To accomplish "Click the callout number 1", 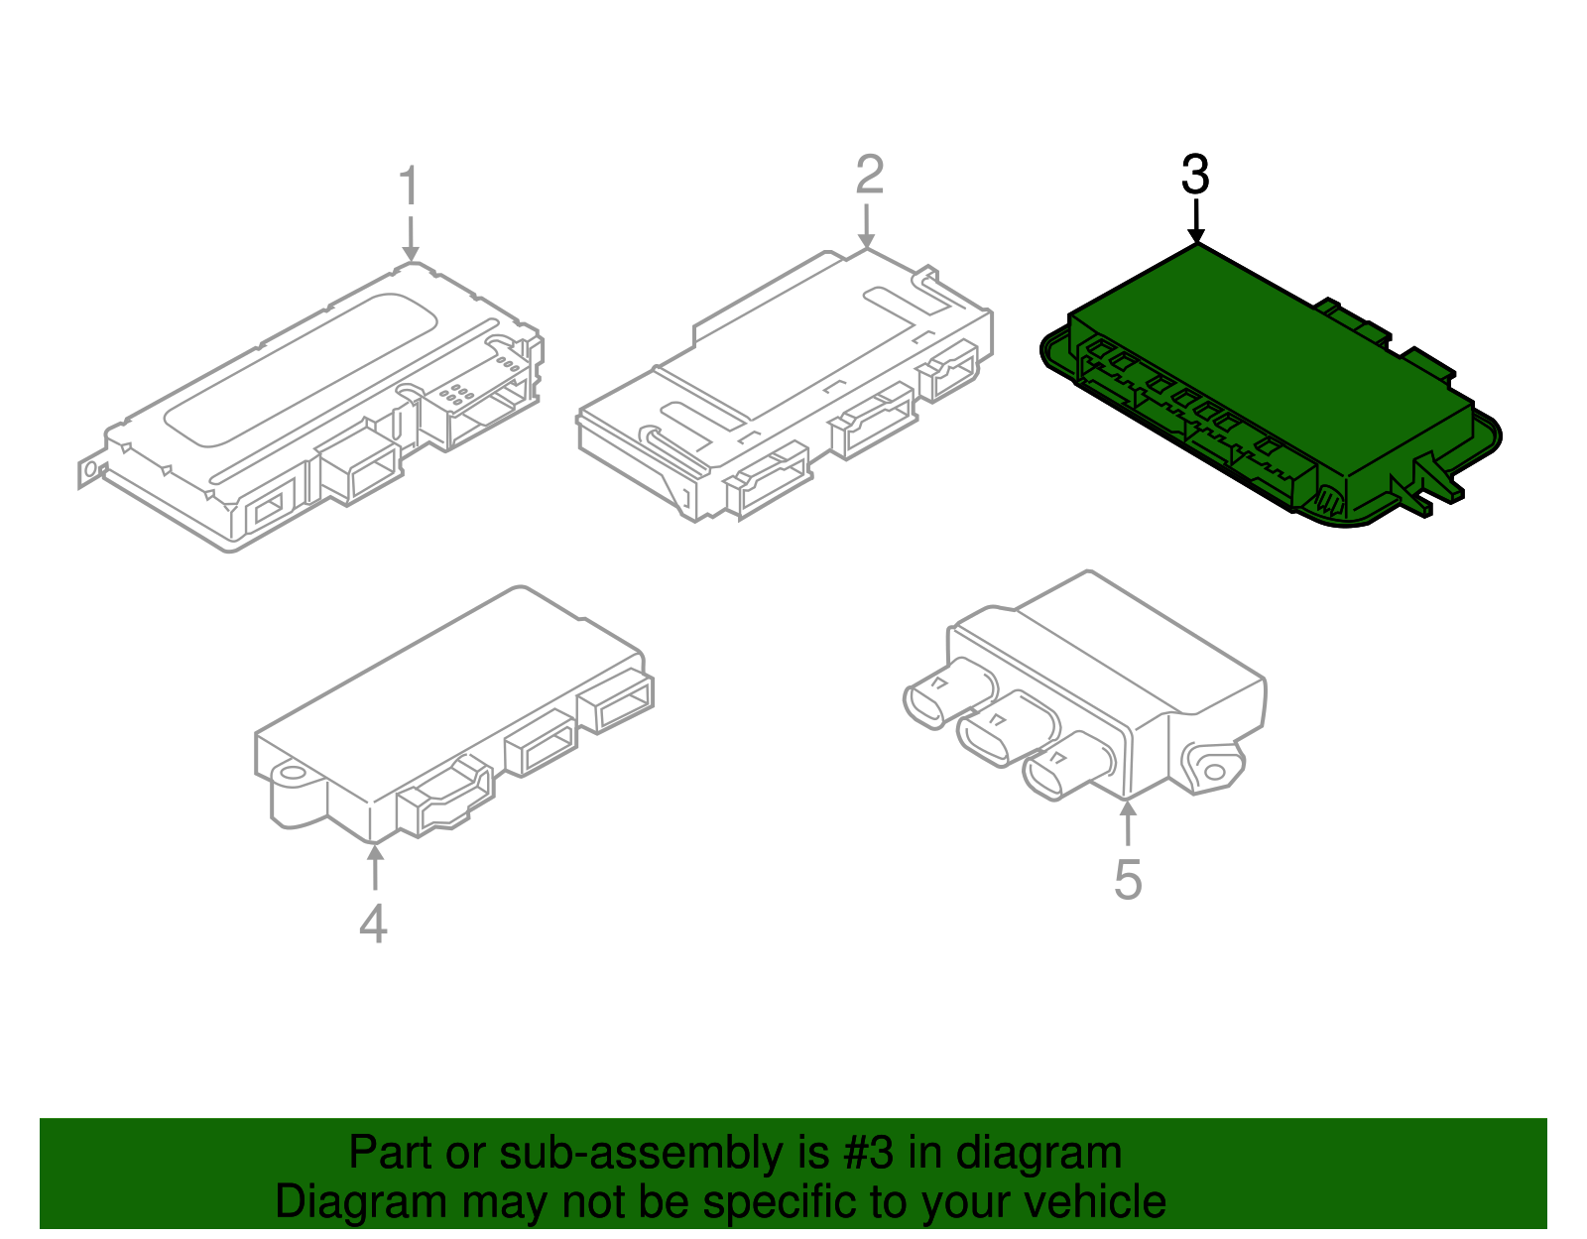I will click(x=409, y=186).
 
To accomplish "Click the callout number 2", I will click(x=869, y=176).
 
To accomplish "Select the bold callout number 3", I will click(x=1195, y=176).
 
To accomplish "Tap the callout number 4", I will click(x=373, y=925).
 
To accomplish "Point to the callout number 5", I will click(x=1128, y=880).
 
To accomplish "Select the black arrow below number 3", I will click(x=1196, y=221).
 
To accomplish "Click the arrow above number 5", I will click(x=1128, y=822).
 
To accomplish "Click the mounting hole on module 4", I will click(x=292, y=773).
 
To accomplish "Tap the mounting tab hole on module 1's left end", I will click(x=90, y=469).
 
